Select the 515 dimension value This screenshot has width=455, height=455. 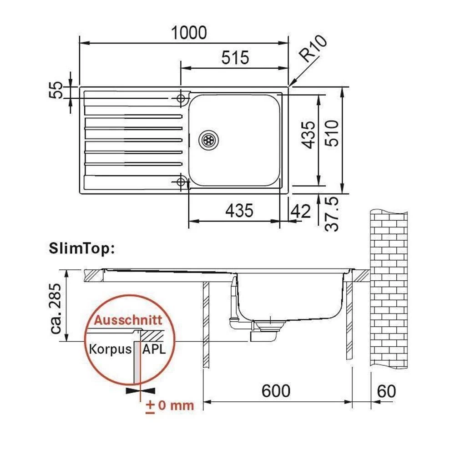tap(235, 57)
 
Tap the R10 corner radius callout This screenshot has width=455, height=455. tap(313, 50)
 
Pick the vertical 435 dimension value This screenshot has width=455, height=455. tap(308, 135)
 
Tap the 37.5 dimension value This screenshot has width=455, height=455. tap(334, 214)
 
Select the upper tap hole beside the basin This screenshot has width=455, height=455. tap(182, 98)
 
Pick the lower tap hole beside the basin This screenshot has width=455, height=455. tap(182, 182)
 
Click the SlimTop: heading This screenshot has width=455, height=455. tap(81, 250)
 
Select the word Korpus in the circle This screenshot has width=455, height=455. tap(110, 349)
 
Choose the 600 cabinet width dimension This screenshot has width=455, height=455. tap(276, 390)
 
